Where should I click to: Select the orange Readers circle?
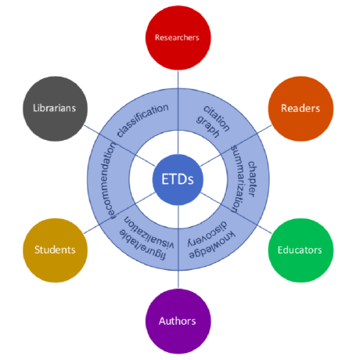(x=300, y=106)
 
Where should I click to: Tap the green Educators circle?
(x=300, y=250)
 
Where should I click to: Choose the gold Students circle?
(x=54, y=250)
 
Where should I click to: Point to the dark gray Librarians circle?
(x=54, y=107)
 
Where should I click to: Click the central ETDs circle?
(x=178, y=179)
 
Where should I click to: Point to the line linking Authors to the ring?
(x=178, y=279)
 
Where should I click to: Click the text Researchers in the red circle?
(x=177, y=37)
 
